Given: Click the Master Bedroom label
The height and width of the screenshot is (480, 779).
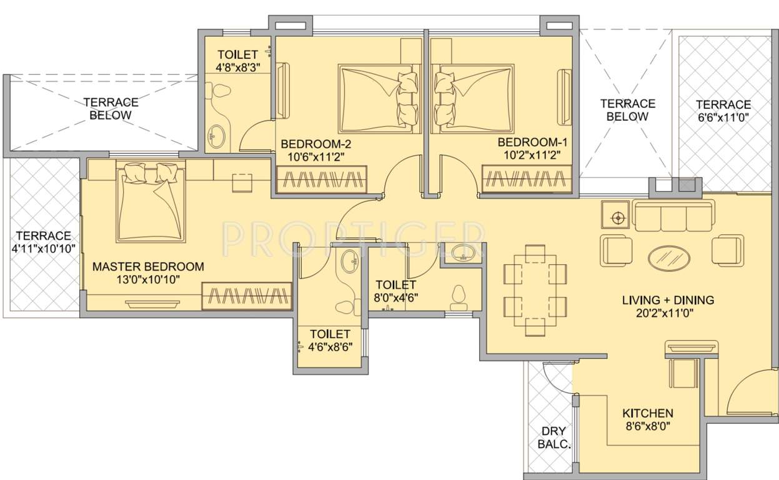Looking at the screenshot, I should click(148, 267).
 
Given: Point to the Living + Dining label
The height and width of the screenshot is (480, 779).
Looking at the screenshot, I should click(668, 301).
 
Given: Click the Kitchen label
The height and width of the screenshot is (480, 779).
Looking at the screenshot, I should click(647, 413).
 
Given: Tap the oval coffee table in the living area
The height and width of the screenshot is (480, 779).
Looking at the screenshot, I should click(669, 257).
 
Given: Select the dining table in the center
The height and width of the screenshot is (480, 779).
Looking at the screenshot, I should click(535, 290).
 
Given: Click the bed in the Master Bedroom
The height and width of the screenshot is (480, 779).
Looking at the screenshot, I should click(151, 201).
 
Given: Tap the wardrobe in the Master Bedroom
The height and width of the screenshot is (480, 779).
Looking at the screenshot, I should click(247, 296).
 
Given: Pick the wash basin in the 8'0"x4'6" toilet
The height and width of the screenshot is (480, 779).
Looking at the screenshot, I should click(462, 252).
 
